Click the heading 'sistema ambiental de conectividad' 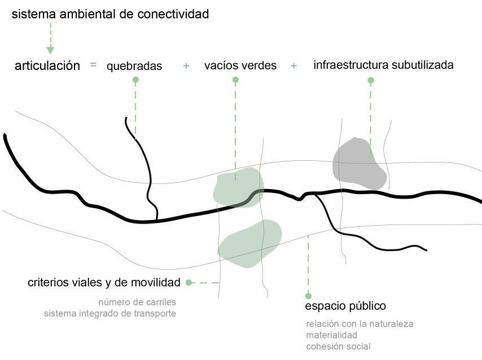click(x=110, y=15)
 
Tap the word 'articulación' click(x=47, y=65)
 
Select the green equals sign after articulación click(x=93, y=65)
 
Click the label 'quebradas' click(x=134, y=66)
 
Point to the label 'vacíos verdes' click(x=240, y=65)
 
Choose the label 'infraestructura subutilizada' click(x=383, y=65)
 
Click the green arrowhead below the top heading click(x=50, y=50)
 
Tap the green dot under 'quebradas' click(x=135, y=80)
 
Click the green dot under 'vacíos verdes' click(x=236, y=80)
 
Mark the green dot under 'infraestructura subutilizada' click(x=371, y=80)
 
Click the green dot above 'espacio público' click(x=308, y=296)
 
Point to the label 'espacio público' click(x=345, y=306)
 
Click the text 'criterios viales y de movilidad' click(x=104, y=282)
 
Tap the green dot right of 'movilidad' click(x=189, y=282)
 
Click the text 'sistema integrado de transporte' click(x=110, y=313)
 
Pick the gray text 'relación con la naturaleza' click(x=360, y=324)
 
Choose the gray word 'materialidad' click(x=331, y=335)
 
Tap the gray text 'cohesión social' click(x=338, y=346)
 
